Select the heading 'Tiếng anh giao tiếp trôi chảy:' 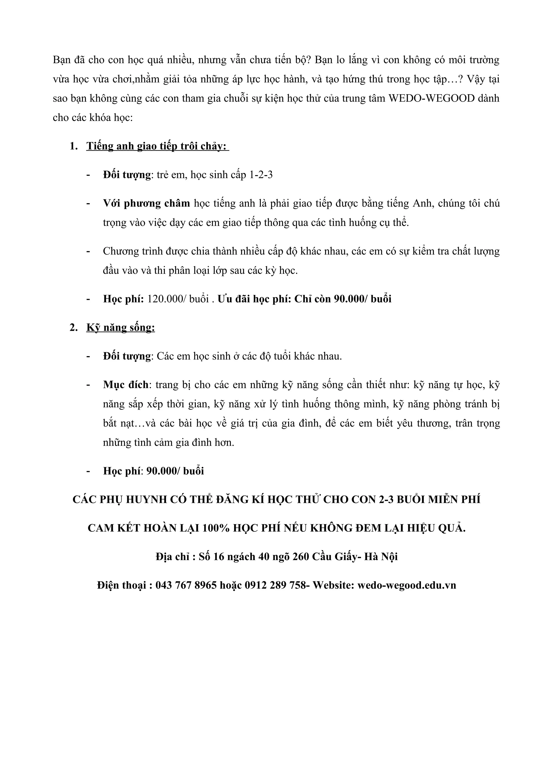click(157, 146)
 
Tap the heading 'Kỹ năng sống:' click(121, 327)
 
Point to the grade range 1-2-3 click(261, 175)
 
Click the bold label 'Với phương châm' click(147, 204)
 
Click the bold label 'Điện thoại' click(122, 585)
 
